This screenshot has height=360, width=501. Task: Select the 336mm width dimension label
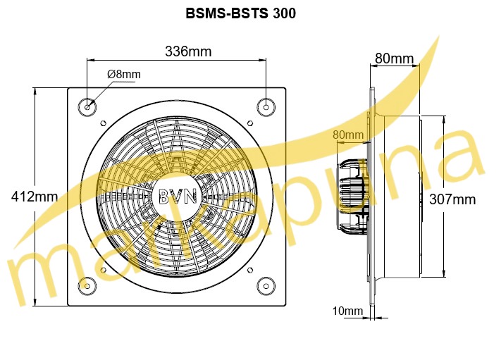tap(187, 51)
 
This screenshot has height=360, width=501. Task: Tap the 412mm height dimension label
tap(35, 197)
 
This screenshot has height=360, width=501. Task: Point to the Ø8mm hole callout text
tap(123, 74)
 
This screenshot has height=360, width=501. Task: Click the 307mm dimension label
tap(452, 199)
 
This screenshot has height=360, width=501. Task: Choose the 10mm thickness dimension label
tap(348, 311)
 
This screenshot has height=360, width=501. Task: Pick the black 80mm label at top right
tap(394, 59)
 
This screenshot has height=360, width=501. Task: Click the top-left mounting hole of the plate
tap(87, 107)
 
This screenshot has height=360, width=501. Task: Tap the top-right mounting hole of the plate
tap(266, 106)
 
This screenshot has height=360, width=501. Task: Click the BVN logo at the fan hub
tap(176, 197)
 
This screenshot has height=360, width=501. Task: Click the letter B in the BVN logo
tap(164, 197)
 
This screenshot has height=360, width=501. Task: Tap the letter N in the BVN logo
tap(189, 197)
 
